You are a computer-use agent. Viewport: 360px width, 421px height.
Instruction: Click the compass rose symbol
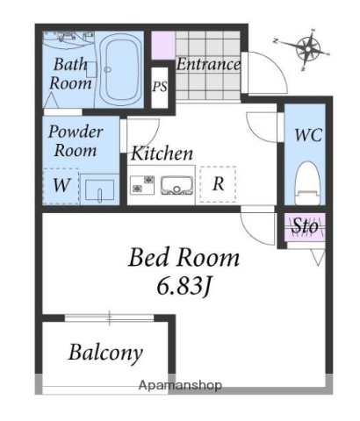click(x=307, y=48)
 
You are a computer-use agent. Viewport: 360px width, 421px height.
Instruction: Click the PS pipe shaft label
click(x=160, y=86)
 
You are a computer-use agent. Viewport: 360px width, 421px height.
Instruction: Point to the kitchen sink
click(x=176, y=186)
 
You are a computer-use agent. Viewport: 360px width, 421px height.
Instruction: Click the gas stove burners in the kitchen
click(x=142, y=184)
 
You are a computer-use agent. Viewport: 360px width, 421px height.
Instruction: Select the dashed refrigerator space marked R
click(x=218, y=184)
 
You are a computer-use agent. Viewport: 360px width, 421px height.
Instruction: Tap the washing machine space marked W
click(x=61, y=186)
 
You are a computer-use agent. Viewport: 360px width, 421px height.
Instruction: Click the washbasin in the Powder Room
click(x=99, y=190)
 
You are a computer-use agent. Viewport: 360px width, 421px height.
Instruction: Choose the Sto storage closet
click(x=305, y=227)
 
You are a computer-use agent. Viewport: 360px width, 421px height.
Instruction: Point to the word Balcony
click(x=105, y=353)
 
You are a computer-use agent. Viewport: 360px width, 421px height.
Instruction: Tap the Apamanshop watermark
click(x=180, y=385)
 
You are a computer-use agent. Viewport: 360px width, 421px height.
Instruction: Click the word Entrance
click(x=208, y=64)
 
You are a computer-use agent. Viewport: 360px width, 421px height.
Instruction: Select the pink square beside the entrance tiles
click(x=163, y=46)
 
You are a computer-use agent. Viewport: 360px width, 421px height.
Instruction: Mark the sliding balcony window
click(x=109, y=318)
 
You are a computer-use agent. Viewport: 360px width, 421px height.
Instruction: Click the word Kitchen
click(x=162, y=153)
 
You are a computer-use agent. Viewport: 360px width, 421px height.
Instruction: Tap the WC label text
click(x=308, y=135)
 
